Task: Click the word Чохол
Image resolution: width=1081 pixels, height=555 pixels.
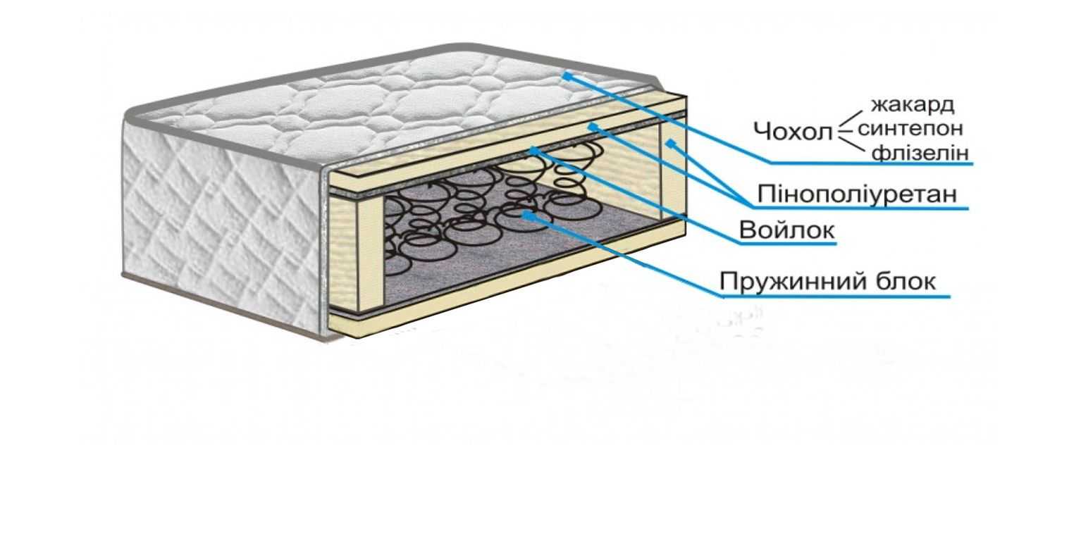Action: pos(792,131)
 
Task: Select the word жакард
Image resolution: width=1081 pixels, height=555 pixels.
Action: pos(913,105)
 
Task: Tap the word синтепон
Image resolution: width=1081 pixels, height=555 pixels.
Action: pos(910,129)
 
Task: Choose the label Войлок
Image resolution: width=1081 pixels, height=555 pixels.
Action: pos(786,230)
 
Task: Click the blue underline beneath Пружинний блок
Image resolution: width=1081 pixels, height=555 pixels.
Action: pos(835,297)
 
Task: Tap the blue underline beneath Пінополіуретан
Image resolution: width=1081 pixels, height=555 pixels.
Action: pos(860,208)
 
